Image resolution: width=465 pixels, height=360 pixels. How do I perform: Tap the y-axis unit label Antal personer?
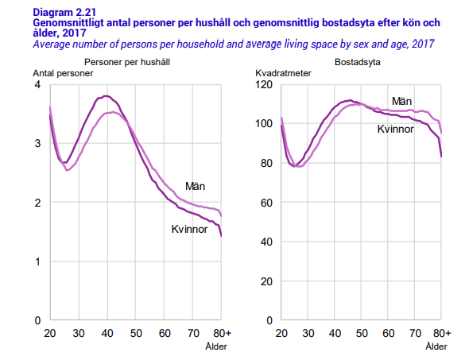[63, 73]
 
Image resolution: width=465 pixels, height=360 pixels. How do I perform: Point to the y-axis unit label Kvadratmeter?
[282, 73]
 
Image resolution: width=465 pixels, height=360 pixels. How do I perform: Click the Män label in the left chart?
[196, 187]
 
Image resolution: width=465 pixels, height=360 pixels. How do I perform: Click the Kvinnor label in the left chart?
[189, 229]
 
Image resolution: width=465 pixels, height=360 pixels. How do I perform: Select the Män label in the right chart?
[401, 101]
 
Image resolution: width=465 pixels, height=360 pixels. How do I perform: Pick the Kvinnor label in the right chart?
[395, 129]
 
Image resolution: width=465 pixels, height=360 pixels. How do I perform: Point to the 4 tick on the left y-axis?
[39, 84]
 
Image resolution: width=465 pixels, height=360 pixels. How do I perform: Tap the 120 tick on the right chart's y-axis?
[265, 84]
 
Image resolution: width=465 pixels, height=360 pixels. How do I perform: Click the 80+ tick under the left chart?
[222, 332]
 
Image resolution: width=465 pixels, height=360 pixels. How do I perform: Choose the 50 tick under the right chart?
[360, 332]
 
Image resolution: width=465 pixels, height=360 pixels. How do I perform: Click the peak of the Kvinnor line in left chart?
[106, 96]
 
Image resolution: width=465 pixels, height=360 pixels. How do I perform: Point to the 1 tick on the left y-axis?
[39, 261]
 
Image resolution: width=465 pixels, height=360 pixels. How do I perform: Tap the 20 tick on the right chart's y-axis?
[267, 281]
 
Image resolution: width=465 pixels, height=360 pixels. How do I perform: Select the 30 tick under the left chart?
[78, 332]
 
